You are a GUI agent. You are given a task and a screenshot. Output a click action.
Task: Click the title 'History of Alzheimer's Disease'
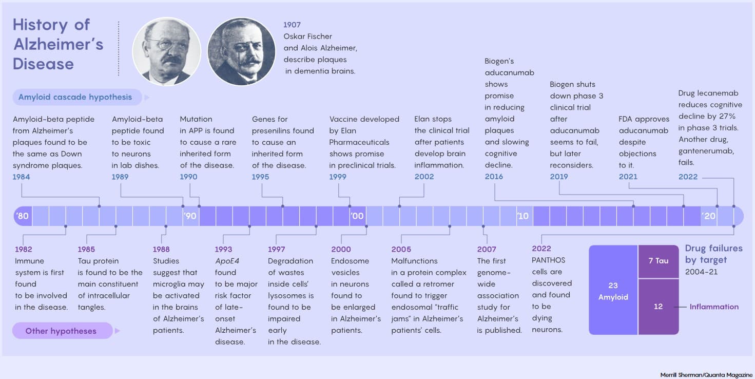click(x=58, y=44)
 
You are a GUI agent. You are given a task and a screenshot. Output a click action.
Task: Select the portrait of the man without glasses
click(x=241, y=51)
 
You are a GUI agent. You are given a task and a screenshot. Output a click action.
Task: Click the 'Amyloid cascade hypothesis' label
click(x=75, y=97)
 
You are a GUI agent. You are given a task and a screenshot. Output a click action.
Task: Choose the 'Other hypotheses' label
click(x=61, y=331)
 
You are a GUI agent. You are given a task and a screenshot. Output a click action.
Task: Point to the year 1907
click(x=292, y=25)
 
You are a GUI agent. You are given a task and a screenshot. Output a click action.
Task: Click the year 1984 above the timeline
click(x=22, y=177)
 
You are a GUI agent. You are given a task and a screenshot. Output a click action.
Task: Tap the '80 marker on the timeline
click(x=23, y=216)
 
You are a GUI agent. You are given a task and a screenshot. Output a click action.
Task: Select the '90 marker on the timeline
click(x=190, y=216)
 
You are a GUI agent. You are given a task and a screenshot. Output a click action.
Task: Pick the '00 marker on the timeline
click(x=357, y=216)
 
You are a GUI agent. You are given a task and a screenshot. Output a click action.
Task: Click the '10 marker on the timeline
click(x=522, y=216)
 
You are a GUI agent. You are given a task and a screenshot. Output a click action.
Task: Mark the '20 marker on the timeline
click(x=709, y=216)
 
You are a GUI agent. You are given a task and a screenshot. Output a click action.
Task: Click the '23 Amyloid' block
click(x=613, y=291)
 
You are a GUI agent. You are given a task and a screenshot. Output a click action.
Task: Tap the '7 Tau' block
click(x=658, y=261)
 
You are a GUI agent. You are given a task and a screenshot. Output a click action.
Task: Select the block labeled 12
click(x=658, y=307)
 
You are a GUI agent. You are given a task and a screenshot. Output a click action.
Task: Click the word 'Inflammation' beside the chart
click(x=714, y=307)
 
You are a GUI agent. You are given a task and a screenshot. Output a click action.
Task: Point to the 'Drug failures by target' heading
click(x=713, y=254)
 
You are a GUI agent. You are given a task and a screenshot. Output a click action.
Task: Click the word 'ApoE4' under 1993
click(x=227, y=261)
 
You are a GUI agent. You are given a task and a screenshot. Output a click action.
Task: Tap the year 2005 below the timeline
click(x=401, y=250)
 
